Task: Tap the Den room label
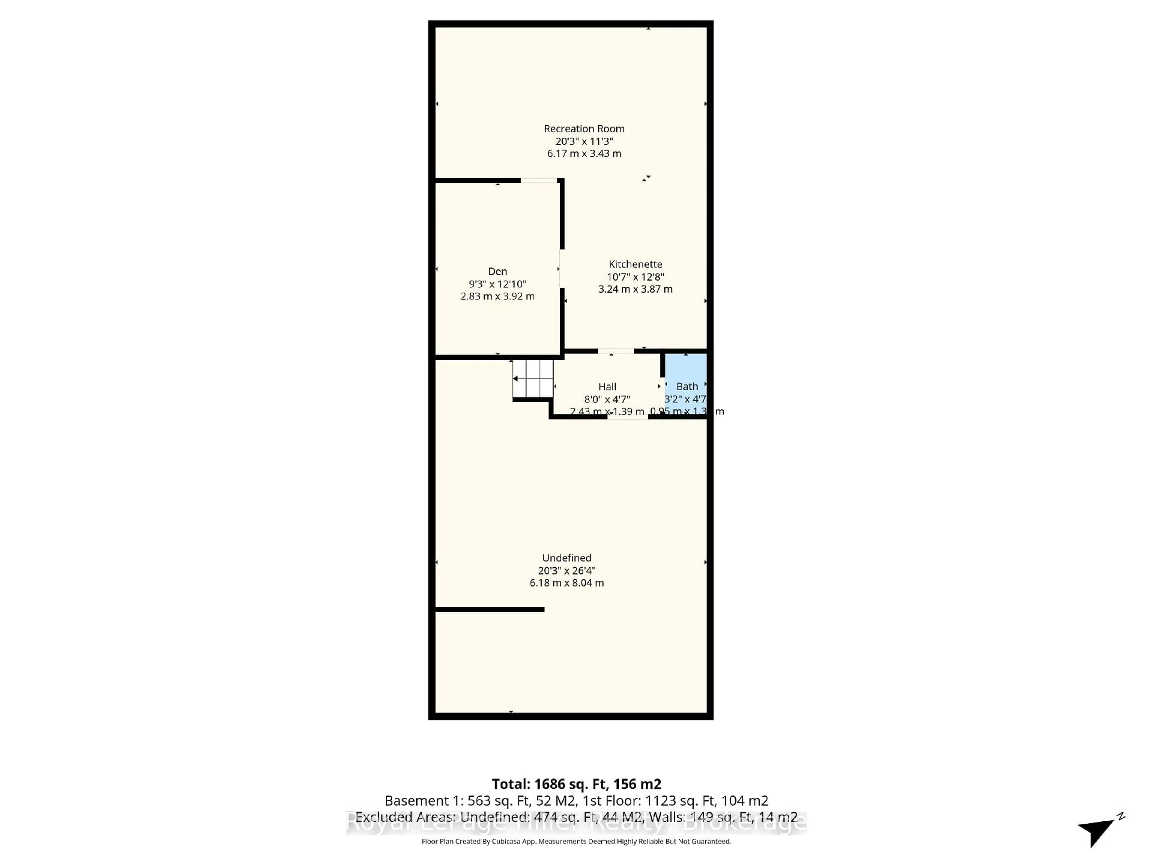pyautogui.click(x=497, y=271)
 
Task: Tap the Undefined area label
pyautogui.click(x=567, y=558)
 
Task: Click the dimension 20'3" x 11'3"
pyautogui.click(x=584, y=141)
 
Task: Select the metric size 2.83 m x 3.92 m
pyautogui.click(x=497, y=296)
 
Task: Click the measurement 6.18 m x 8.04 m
pyautogui.click(x=567, y=583)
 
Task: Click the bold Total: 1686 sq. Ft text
pyautogui.click(x=576, y=784)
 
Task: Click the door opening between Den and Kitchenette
pyautogui.click(x=561, y=269)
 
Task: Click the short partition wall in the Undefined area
pyautogui.click(x=490, y=609)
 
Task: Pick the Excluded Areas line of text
pyautogui.click(x=576, y=817)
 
